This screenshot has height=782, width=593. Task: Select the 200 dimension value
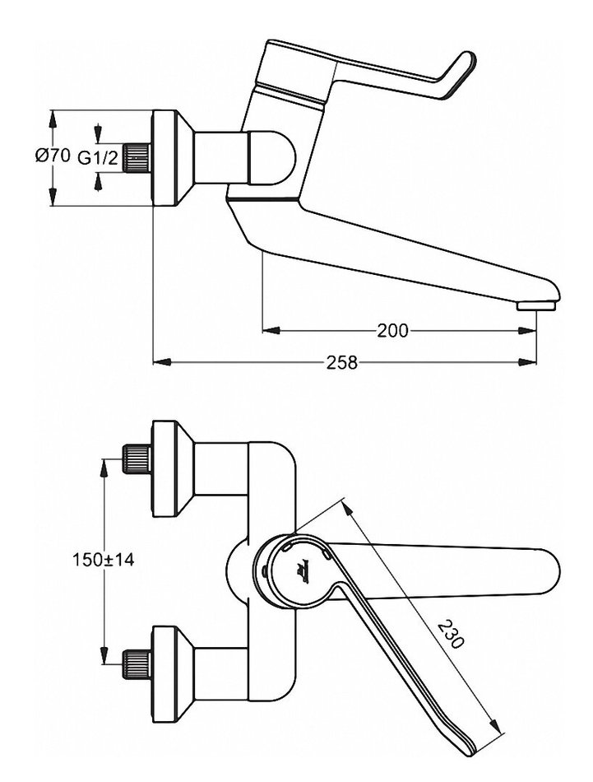(x=393, y=331)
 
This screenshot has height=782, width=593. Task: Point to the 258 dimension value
(x=343, y=361)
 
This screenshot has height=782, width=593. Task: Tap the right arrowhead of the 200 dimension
(x=520, y=331)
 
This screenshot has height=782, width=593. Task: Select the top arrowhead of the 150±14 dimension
(x=104, y=467)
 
